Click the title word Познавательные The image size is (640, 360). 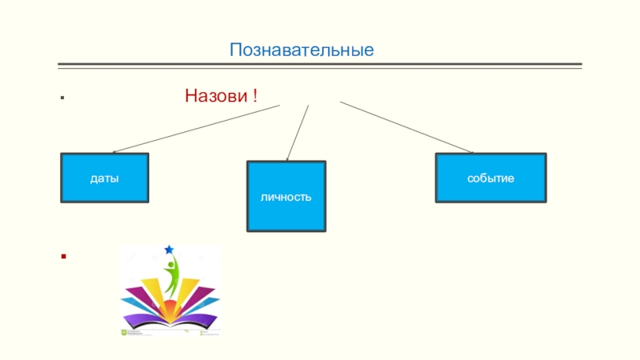point(302,50)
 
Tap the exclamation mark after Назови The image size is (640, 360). point(254,97)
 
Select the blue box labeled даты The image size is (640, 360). point(105,178)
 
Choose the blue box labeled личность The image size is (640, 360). point(286,196)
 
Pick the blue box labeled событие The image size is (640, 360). point(490,178)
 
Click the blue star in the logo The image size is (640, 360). point(169,250)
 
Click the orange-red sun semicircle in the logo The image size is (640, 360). point(170,308)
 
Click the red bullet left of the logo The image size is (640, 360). point(62,258)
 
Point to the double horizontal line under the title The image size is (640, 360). point(320,66)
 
